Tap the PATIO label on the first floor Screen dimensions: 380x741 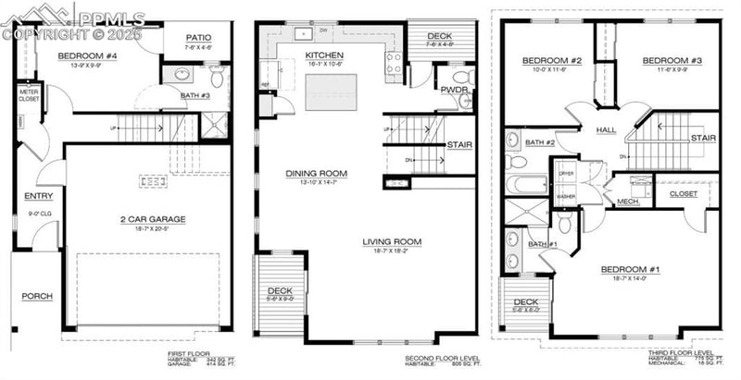(197, 38)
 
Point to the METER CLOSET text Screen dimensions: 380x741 (29, 95)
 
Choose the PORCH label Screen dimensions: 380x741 (37, 296)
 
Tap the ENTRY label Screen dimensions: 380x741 (38, 196)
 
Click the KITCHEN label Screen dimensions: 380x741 (323, 55)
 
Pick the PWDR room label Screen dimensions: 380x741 (453, 90)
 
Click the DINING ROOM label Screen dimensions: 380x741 (316, 173)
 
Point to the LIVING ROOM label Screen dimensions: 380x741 (392, 242)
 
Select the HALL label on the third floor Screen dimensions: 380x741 (606, 130)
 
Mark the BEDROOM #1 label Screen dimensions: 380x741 (630, 269)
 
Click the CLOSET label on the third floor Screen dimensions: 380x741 (683, 194)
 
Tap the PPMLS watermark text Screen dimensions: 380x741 (109, 18)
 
